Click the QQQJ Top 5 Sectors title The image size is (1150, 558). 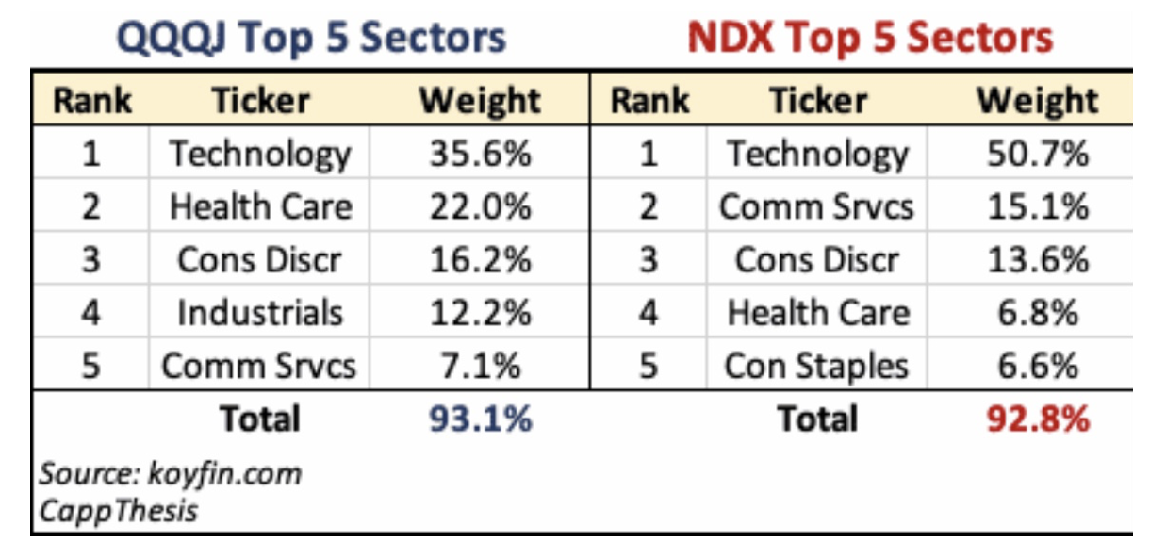[x=311, y=38]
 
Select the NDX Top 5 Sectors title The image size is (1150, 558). [x=870, y=38]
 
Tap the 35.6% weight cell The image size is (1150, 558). [x=481, y=155]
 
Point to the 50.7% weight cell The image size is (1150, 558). [x=1038, y=155]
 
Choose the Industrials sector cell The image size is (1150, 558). [x=260, y=313]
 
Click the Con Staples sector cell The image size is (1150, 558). [x=817, y=366]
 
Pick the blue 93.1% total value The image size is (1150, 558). [x=481, y=418]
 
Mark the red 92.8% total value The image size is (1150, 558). [x=1038, y=418]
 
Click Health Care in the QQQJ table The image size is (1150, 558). [x=260, y=207]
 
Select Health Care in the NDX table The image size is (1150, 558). [x=817, y=313]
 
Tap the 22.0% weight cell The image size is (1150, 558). [x=481, y=207]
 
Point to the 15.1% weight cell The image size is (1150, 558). [x=1038, y=207]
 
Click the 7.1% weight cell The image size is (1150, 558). [x=481, y=366]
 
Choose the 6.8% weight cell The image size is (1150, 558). [x=1038, y=313]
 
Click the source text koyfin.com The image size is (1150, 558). [x=170, y=472]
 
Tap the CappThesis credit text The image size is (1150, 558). [x=118, y=510]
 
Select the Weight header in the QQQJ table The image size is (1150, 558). [x=481, y=101]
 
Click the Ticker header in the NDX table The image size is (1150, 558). [x=817, y=101]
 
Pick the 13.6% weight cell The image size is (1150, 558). [x=1038, y=260]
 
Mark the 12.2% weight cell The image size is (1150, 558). [x=481, y=313]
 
